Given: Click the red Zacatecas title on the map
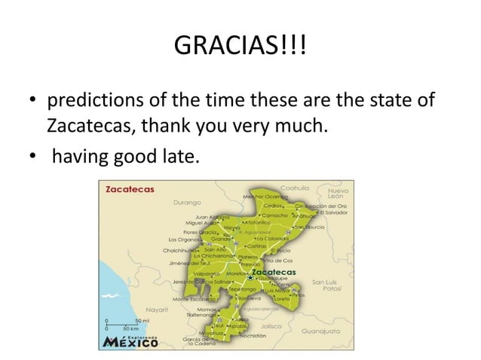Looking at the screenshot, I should click(x=130, y=189).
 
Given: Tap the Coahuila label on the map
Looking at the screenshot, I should click(x=296, y=187).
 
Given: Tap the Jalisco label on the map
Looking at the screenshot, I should click(x=271, y=326).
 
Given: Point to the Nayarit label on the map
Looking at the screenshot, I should click(x=156, y=309).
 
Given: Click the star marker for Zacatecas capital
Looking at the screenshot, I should click(x=250, y=278).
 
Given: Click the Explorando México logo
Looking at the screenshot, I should click(x=130, y=343).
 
